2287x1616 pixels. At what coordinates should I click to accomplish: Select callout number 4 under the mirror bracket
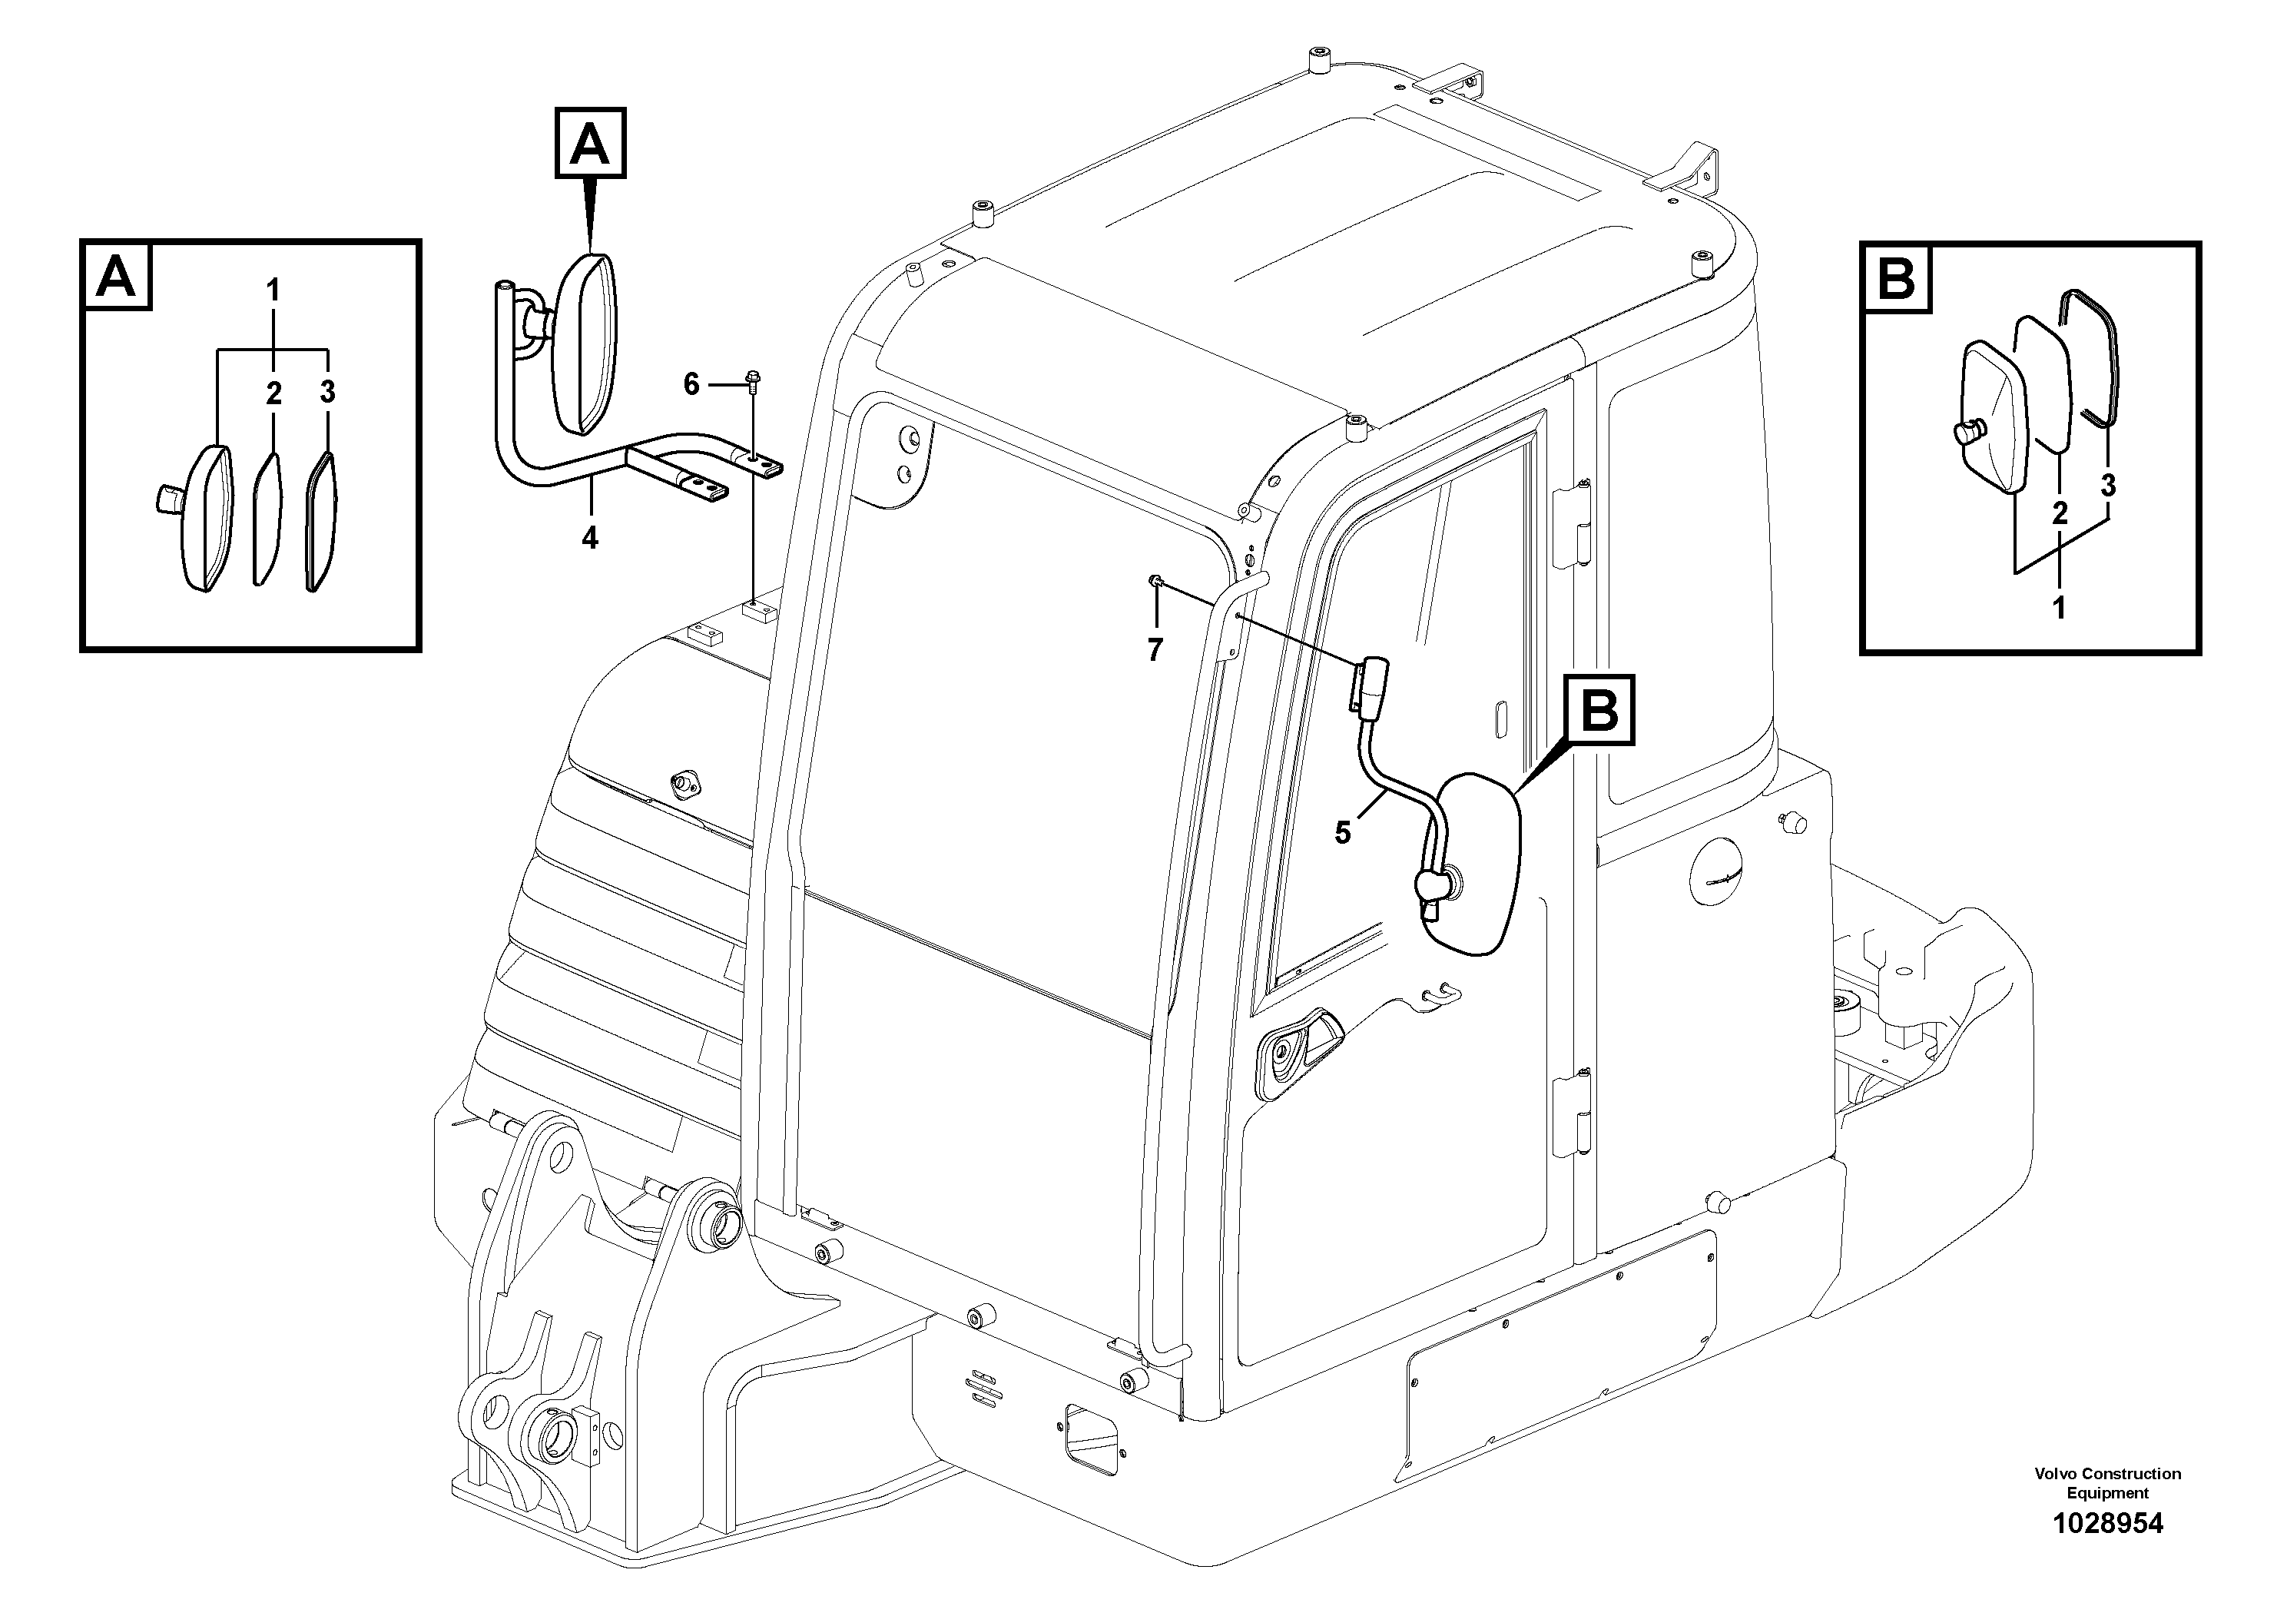point(590,539)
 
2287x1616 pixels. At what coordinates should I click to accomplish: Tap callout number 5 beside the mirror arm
point(1343,833)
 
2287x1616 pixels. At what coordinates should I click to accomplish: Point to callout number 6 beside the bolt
point(691,384)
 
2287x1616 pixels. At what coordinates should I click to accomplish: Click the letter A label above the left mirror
point(590,144)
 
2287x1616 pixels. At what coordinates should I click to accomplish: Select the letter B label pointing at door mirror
point(1599,710)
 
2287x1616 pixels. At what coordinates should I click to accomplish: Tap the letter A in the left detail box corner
point(117,276)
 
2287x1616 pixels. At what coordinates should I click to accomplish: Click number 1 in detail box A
point(272,291)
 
